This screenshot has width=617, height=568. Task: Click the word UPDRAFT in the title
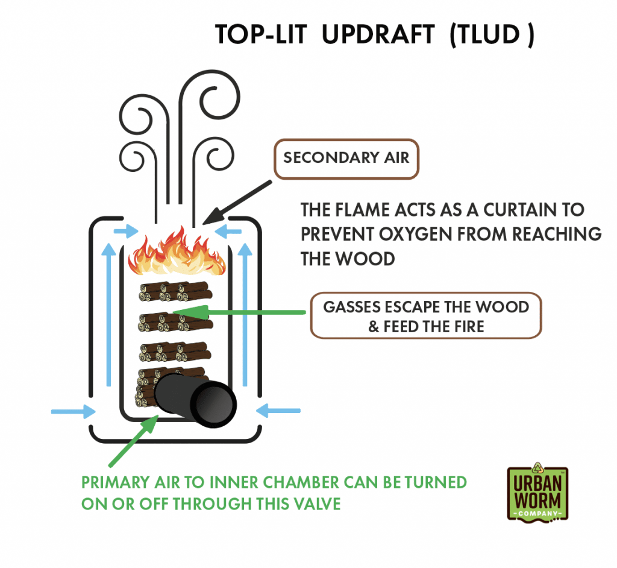[x=378, y=34]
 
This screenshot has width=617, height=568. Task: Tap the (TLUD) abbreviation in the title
[x=492, y=34]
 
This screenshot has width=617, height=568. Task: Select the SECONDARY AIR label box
[x=346, y=159]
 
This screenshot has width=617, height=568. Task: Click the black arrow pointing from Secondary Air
[x=237, y=203]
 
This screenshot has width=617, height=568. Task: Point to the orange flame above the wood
[x=177, y=251]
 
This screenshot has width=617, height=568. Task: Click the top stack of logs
[x=175, y=291]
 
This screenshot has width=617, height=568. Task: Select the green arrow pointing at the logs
[x=239, y=312]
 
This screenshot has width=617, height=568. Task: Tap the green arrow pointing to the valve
[x=133, y=441]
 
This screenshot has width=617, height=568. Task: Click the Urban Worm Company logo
[x=537, y=493]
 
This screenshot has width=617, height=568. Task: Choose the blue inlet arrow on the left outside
[x=73, y=412]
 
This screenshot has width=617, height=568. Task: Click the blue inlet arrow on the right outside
[x=278, y=411]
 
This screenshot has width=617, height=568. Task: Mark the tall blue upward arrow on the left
[x=109, y=314]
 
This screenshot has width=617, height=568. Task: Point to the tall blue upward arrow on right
[x=245, y=314]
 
